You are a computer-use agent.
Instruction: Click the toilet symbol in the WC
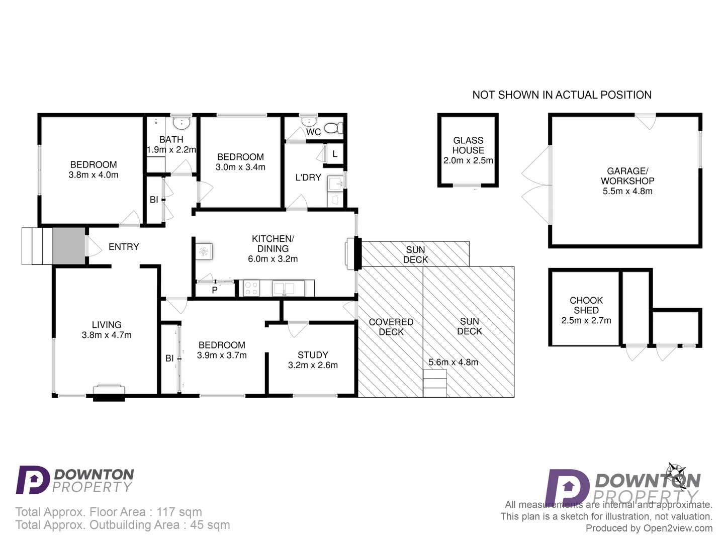coord(333,128)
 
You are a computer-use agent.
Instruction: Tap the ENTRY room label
coord(124,247)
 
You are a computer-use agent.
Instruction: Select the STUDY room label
coord(313,355)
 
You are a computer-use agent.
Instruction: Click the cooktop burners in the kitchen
coord(251,288)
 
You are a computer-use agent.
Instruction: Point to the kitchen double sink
coord(284,288)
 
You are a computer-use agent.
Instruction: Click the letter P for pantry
coord(215,290)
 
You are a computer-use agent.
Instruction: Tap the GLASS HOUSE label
coord(468,145)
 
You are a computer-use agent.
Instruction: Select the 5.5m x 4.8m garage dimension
coord(627,191)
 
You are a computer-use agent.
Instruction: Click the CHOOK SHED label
coord(586,305)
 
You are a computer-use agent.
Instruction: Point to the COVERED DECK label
coord(391,327)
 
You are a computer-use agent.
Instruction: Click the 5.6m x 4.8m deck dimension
coord(454,362)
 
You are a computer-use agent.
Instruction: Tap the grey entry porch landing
coord(69,246)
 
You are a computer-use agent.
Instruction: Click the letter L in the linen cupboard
coord(335,154)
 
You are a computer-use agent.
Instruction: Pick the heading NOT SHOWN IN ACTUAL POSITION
coord(562,95)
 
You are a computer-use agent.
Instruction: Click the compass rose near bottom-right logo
coord(677,475)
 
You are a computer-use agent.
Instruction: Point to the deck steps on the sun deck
coord(435,383)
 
